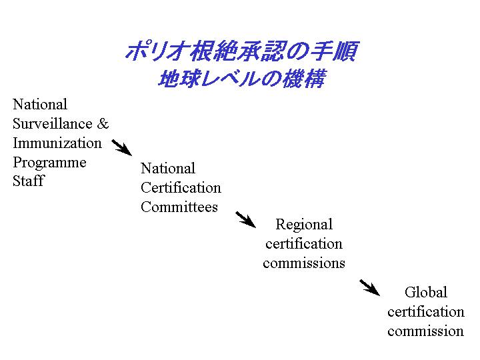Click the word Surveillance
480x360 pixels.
[53, 124]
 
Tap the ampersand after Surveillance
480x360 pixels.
[103, 124]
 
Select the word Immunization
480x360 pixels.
[57, 143]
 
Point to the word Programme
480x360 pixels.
[49, 163]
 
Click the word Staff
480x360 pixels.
[29, 181]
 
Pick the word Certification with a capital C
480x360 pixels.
[181, 187]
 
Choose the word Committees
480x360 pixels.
[179, 207]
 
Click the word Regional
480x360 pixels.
[304, 225]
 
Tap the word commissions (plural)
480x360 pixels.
[304, 263]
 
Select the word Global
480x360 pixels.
[426, 292]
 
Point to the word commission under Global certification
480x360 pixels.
[425, 331]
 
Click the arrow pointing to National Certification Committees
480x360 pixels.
[122, 148]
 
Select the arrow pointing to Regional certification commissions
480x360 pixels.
[245, 219]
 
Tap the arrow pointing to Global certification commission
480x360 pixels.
[369, 287]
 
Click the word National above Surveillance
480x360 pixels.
[40, 105]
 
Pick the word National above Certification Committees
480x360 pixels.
[168, 169]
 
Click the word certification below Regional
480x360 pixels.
[304, 244]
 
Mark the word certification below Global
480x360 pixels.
[426, 312]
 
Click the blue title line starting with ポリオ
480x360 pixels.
[241, 51]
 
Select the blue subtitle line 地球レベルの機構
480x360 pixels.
[241, 79]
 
